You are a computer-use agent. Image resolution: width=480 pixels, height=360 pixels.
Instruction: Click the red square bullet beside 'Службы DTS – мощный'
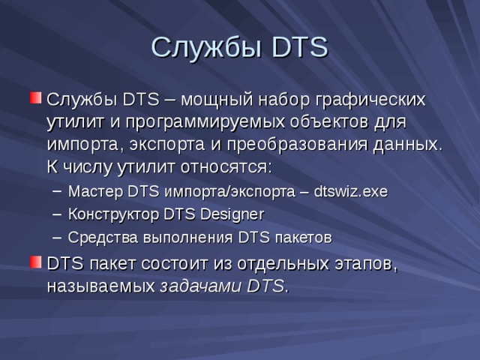(35, 99)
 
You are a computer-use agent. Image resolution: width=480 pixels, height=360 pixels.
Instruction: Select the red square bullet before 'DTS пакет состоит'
(35, 262)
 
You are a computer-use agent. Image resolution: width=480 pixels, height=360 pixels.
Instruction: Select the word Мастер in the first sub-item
(95, 192)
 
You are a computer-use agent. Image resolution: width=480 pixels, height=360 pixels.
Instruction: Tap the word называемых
(101, 286)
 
